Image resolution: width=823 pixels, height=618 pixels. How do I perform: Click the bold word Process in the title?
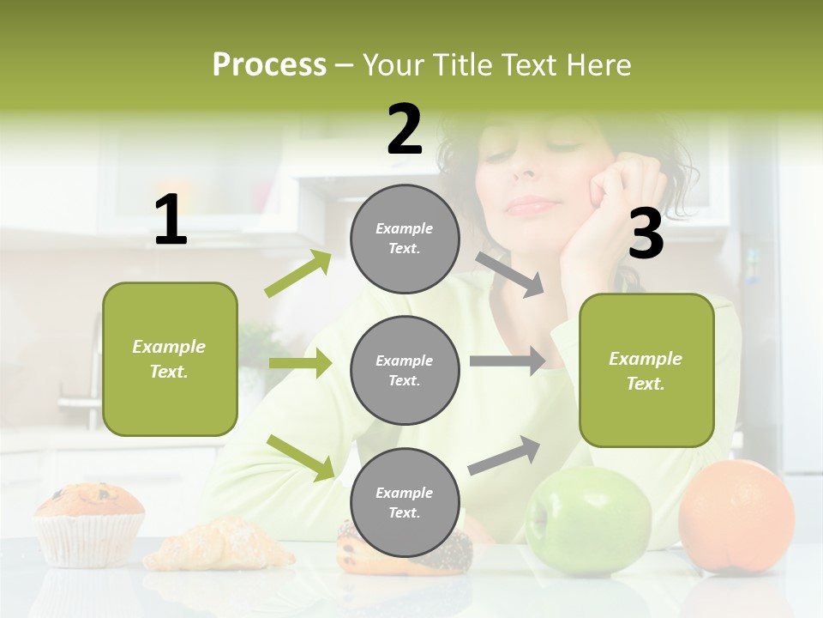(269, 64)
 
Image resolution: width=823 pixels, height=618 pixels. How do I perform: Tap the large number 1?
(171, 221)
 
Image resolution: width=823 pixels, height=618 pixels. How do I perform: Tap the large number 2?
(405, 130)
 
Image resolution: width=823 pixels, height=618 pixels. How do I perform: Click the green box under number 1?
(170, 359)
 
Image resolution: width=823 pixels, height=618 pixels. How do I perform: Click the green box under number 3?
(646, 371)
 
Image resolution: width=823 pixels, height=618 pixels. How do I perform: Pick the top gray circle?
(405, 239)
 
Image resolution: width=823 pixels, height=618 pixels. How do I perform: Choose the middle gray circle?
(405, 371)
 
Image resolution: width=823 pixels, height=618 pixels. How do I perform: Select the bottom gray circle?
(405, 503)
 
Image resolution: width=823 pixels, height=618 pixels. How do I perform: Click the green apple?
(588, 521)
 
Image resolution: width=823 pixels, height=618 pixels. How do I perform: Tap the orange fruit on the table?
(736, 517)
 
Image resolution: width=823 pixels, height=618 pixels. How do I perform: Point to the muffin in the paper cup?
(89, 522)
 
